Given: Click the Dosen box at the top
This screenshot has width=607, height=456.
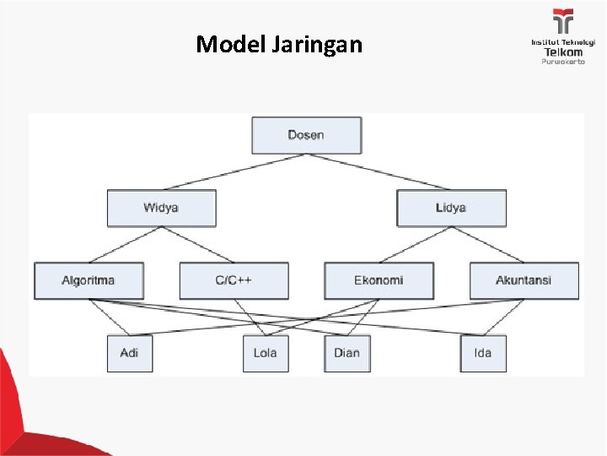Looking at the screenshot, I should [x=306, y=135].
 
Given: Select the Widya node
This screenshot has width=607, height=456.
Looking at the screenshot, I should [x=161, y=208].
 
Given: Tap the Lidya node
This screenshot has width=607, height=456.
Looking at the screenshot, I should [x=451, y=208].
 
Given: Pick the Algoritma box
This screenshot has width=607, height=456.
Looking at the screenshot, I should [x=89, y=280].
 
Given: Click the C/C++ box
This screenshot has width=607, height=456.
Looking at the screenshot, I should [x=234, y=280].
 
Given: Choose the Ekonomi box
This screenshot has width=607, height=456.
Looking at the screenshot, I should [x=379, y=280].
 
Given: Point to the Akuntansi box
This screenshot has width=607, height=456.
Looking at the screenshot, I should [x=524, y=280].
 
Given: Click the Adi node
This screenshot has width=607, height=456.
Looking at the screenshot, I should [x=129, y=353].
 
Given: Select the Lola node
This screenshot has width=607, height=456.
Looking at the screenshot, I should [x=265, y=353].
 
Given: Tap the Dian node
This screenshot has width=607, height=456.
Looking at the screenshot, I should [x=346, y=353].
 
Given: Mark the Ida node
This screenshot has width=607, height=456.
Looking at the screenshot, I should [x=483, y=353].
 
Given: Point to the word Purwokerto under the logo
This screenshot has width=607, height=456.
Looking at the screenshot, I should [x=562, y=62].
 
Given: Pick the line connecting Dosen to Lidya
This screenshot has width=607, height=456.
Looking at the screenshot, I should [x=388, y=172].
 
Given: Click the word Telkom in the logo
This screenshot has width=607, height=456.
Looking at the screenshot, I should [x=562, y=52].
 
